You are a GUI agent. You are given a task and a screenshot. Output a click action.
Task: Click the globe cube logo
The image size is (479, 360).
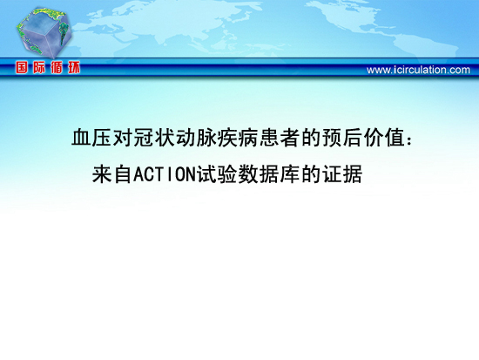[x=44, y=32]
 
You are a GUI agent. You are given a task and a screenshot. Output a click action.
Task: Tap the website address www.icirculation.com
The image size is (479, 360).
[x=418, y=70]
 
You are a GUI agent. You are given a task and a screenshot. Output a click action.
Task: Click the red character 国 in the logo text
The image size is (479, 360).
[x=22, y=67]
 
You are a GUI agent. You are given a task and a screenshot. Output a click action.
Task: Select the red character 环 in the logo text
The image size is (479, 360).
[x=74, y=67]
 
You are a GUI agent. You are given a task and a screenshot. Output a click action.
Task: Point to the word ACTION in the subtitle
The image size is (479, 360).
[x=165, y=174]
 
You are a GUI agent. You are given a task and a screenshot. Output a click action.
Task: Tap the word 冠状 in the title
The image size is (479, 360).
[x=144, y=138]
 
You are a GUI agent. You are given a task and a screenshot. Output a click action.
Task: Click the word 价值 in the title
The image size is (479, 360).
[x=384, y=138]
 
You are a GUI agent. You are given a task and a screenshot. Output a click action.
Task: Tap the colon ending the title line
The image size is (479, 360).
[x=409, y=140]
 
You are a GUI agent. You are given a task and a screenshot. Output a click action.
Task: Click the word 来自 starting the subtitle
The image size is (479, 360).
[x=112, y=174]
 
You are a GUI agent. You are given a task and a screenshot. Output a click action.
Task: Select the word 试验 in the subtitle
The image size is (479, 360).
[x=217, y=174]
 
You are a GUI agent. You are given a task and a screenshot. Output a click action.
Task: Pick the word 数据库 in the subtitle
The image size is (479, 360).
[x=269, y=174]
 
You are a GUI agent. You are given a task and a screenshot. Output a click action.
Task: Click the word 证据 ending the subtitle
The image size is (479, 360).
[x=342, y=174]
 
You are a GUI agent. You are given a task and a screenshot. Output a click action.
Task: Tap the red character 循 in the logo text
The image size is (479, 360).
[x=57, y=67]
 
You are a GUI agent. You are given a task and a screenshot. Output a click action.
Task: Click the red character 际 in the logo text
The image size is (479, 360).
[x=39, y=67]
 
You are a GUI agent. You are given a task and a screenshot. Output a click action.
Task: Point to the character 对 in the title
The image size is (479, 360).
[x=123, y=138]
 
